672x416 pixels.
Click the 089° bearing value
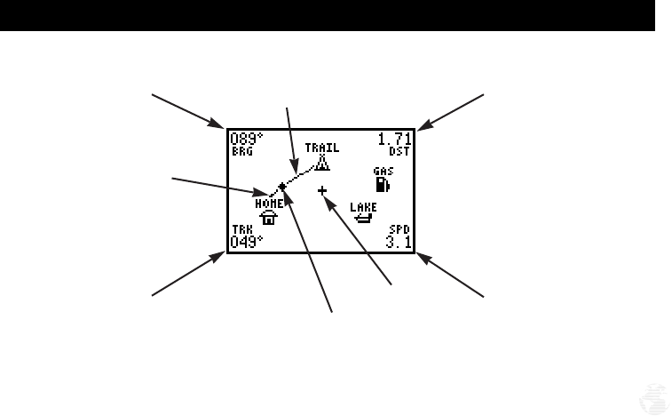(247, 140)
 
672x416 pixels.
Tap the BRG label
(242, 152)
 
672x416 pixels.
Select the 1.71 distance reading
(394, 140)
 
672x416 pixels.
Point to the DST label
(399, 152)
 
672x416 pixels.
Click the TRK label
(241, 229)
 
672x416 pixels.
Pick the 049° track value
(247, 241)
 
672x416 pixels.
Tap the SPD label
(399, 229)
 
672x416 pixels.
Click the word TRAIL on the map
(322, 148)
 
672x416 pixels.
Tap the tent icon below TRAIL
(322, 162)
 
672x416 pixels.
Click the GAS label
(383, 171)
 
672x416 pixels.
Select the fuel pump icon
(383, 184)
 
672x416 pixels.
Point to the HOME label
(269, 204)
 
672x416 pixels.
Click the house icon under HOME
(268, 217)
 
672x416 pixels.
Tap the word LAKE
(362, 207)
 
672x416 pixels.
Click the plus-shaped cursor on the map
(322, 189)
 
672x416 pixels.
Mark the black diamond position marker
(282, 187)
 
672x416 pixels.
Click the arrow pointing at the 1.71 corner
(452, 112)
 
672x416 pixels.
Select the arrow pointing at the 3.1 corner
(452, 276)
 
